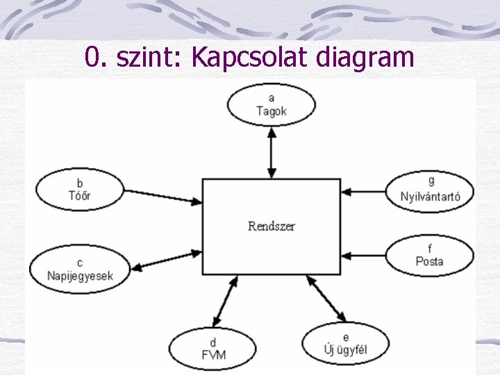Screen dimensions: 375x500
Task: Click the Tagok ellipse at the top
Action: [x=271, y=105]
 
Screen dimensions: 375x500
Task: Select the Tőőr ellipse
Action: [x=80, y=190]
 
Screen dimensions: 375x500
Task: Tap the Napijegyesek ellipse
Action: [x=80, y=269]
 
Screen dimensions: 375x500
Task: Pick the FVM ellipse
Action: [x=212, y=349]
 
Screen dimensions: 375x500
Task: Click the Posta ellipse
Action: [x=430, y=256]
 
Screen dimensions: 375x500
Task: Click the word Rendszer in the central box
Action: [x=271, y=226]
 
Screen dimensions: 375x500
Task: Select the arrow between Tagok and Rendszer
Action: [x=272, y=152]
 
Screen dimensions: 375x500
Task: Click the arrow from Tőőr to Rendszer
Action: [x=163, y=196]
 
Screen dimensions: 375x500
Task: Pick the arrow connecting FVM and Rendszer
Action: [x=226, y=301]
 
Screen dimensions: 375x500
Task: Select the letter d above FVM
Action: [x=212, y=342]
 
